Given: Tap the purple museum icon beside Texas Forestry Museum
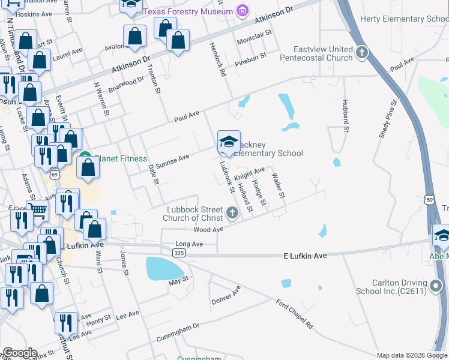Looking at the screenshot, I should pos(242,10).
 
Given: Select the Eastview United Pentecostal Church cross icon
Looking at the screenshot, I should pos(361,53).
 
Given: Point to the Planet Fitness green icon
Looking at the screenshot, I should pos(85,159).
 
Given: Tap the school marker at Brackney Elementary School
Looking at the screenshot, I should pos(228,142).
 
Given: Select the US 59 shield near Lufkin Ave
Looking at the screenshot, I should pos(429,199).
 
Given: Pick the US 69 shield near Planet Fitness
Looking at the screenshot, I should pos(54,174).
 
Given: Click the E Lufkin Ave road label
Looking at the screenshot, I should pos(305,256).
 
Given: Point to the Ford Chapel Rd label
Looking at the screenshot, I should pos(295,313).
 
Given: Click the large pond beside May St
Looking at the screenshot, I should pos(163,268).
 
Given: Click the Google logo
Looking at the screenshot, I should pos(20,353).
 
